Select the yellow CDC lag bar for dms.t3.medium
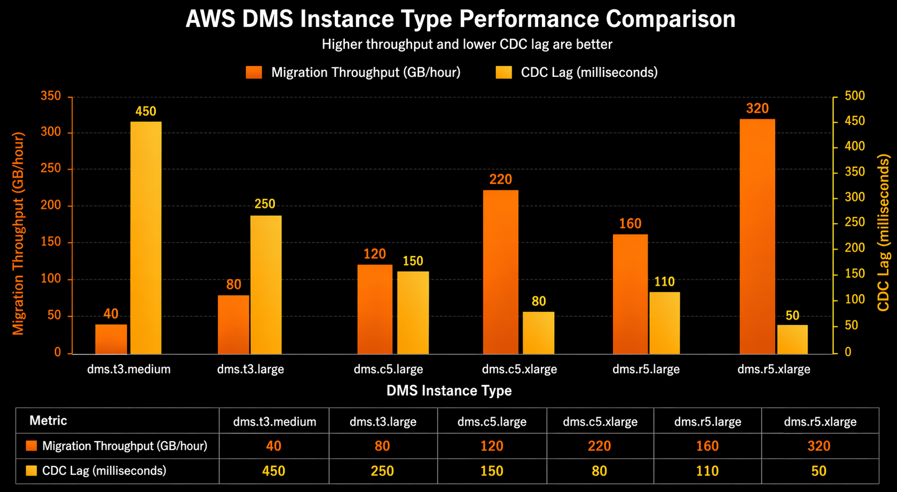tap(146, 238)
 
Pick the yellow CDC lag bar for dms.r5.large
tap(664, 323)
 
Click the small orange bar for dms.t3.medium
tap(111, 339)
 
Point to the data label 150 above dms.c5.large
tap(413, 261)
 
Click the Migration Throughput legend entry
tap(353, 73)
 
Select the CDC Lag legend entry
tap(576, 73)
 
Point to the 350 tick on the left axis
tap(51, 96)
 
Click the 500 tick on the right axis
tap(854, 96)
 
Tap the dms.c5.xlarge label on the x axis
tap(519, 369)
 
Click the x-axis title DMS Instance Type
tap(449, 391)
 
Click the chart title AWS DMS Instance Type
tap(460, 19)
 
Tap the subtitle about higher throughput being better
tap(467, 44)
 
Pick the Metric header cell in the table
tap(48, 421)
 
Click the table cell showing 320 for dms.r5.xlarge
tap(819, 446)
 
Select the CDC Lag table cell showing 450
tap(273, 471)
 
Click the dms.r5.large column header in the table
tap(707, 422)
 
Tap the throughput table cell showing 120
tap(491, 446)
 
